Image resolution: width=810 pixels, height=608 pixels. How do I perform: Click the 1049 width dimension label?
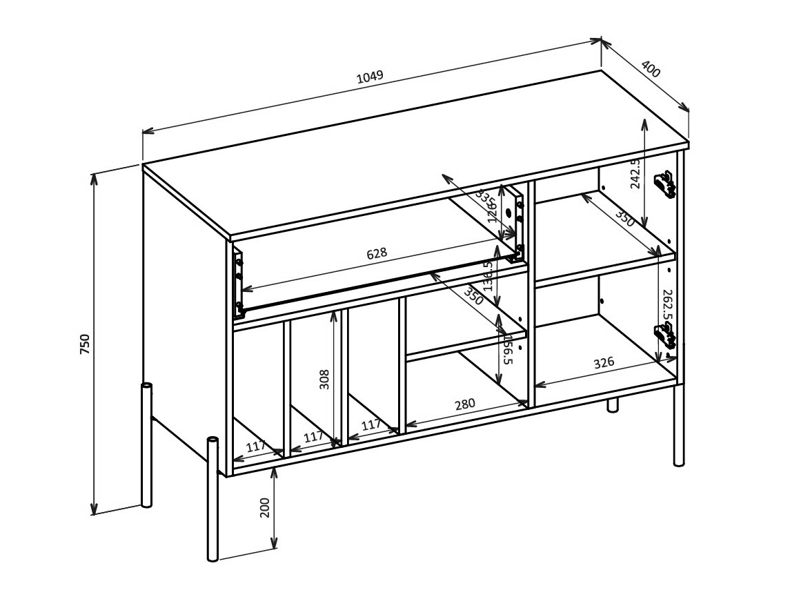pos(370,77)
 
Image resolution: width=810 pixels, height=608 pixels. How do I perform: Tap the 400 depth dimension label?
pos(651,69)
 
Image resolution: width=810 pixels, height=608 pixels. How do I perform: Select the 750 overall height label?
pos(84,343)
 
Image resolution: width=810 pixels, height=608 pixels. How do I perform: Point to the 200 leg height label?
pos(264,507)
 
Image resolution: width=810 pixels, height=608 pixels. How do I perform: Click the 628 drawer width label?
pos(376,253)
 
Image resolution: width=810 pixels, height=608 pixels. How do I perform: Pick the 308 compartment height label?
pos(324,379)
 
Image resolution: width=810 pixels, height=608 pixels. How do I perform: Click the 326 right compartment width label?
pos(604,363)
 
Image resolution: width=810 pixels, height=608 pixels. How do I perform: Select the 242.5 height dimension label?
pos(635,173)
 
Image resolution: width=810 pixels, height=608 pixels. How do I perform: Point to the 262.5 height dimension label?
pos(666,305)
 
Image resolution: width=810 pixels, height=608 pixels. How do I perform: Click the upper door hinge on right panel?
pos(664,184)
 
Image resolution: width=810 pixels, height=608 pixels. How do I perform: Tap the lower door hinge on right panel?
pos(664,335)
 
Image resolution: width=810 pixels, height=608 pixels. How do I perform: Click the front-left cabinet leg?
pos(213,500)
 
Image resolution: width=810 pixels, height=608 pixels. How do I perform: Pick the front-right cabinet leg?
pos(679,424)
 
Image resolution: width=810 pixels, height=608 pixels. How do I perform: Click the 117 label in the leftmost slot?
pos(255,447)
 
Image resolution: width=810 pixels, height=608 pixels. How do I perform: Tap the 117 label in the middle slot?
pos(313,437)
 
